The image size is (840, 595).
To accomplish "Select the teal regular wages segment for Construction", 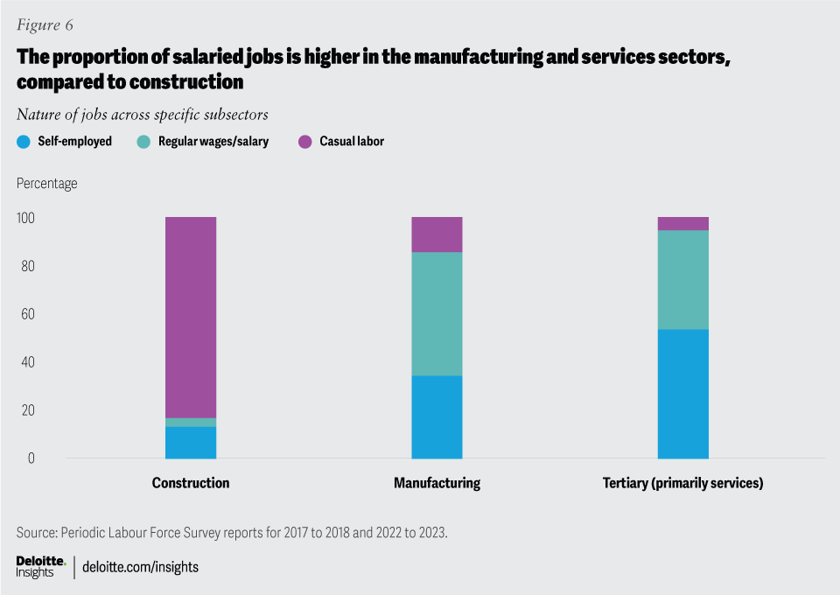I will [x=191, y=423].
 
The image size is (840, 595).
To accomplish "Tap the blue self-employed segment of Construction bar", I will [x=191, y=443].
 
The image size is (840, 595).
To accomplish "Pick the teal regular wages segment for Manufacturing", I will [x=437, y=314].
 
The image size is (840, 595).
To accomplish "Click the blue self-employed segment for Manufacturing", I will [x=437, y=417].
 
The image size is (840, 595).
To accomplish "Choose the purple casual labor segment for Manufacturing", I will [x=437, y=234].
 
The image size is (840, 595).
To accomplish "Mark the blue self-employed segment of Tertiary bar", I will [x=683, y=394].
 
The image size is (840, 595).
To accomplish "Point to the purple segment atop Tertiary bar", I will [x=683, y=223].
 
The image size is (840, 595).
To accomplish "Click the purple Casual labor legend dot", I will [x=305, y=141].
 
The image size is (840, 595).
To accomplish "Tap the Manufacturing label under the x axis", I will [x=437, y=483].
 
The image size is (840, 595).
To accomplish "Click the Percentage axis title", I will [x=46, y=184].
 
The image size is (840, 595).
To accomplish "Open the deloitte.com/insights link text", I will [x=140, y=567].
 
